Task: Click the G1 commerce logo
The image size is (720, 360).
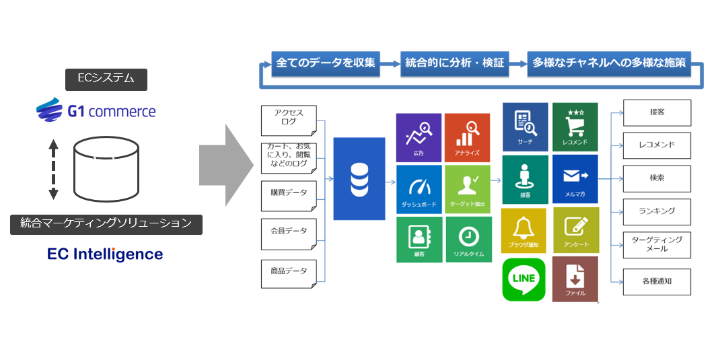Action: click(x=96, y=110)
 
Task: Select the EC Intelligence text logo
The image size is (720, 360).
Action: click(x=105, y=254)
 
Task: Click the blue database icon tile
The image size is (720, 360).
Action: click(x=359, y=178)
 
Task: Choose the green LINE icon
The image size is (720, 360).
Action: click(x=524, y=279)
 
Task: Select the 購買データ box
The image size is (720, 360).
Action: click(x=289, y=194)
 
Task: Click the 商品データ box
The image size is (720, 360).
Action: click(x=289, y=272)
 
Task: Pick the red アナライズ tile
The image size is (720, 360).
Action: click(x=467, y=137)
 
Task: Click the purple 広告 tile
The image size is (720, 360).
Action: click(x=419, y=137)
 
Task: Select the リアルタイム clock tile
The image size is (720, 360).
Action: click(x=467, y=239)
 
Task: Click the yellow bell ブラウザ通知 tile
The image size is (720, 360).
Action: click(x=524, y=230)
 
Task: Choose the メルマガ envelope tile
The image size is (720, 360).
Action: click(x=575, y=179)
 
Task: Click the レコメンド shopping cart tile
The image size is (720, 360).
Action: click(x=575, y=127)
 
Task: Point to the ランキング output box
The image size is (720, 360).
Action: click(x=657, y=211)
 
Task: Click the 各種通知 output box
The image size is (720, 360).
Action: click(x=657, y=281)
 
